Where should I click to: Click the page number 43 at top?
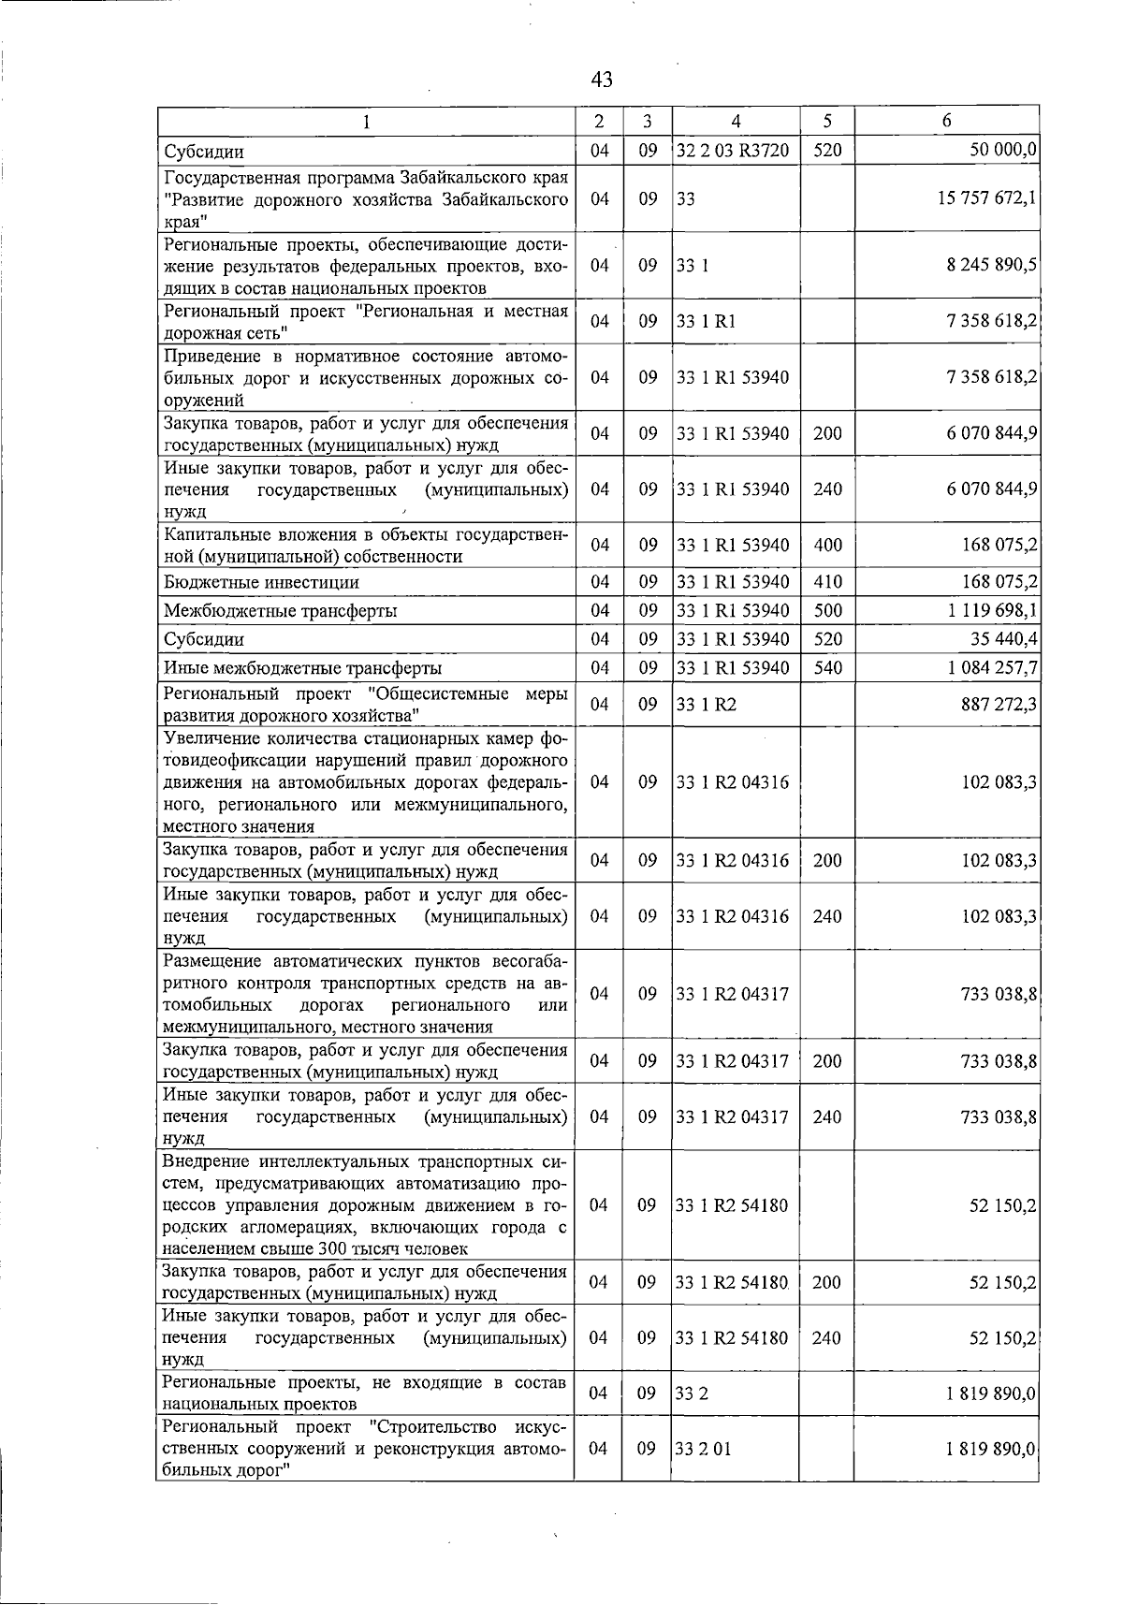click(x=602, y=80)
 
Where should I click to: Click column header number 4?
click(x=736, y=121)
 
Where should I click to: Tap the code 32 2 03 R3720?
click(x=733, y=151)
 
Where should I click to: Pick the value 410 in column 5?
click(x=827, y=582)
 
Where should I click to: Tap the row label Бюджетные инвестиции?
click(x=261, y=582)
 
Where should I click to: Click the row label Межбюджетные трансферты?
click(x=280, y=611)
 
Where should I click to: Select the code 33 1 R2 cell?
click(x=707, y=704)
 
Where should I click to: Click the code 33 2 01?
click(x=704, y=1449)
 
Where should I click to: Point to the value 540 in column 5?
click(x=827, y=668)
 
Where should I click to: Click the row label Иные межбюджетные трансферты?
click(x=302, y=668)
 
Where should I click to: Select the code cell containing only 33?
click(x=686, y=199)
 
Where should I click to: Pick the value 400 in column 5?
click(x=827, y=546)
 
